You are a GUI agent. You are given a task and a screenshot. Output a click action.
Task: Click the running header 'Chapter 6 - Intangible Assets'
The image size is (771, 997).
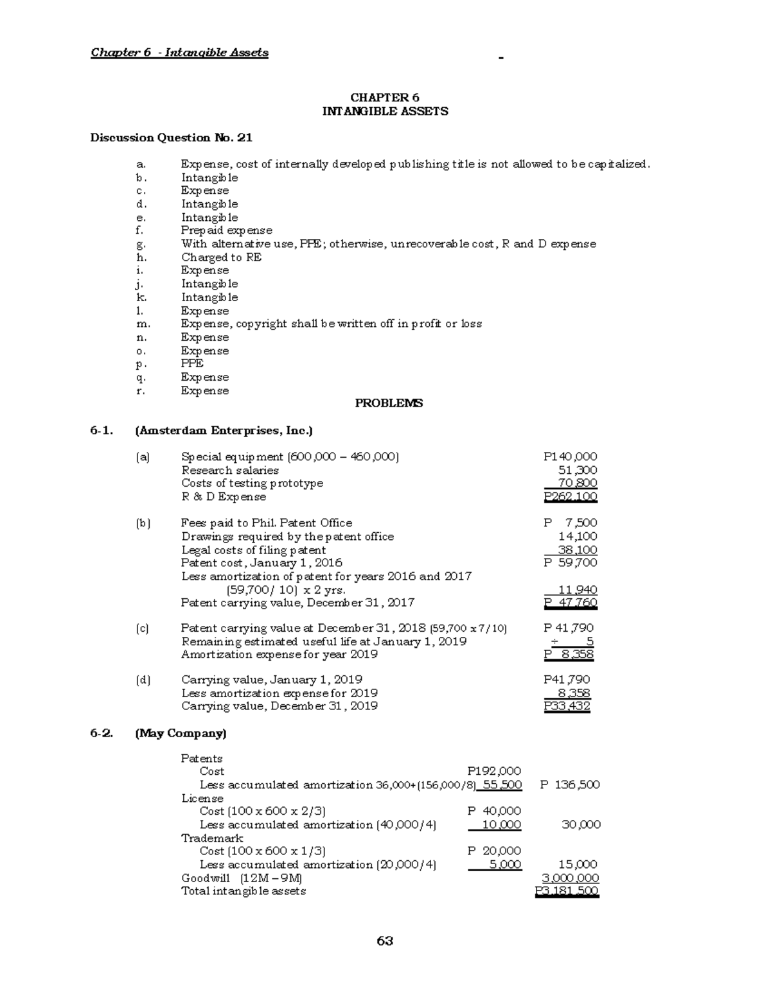tap(179, 53)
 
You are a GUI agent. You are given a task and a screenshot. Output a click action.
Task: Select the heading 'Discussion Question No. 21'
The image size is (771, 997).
tap(171, 137)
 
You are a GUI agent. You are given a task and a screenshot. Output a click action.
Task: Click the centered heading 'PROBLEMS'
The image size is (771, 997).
tap(389, 403)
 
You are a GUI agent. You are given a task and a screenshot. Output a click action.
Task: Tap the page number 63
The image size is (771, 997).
tap(385, 941)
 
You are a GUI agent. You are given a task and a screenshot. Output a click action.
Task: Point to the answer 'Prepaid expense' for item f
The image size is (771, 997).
tap(226, 230)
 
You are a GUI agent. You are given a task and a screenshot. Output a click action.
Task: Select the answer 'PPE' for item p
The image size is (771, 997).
tap(192, 363)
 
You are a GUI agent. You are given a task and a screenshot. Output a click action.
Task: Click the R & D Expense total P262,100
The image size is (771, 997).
tap(570, 497)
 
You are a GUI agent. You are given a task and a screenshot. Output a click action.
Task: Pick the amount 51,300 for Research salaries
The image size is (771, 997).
tap(578, 470)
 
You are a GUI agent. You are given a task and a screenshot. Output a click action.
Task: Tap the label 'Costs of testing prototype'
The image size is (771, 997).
tap(252, 483)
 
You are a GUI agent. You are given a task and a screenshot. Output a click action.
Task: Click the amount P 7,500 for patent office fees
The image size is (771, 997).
tap(570, 523)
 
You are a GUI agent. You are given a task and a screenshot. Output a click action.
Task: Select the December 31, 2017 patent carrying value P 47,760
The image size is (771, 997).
tap(570, 603)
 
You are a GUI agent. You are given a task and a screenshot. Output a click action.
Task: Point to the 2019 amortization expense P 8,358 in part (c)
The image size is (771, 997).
tap(569, 655)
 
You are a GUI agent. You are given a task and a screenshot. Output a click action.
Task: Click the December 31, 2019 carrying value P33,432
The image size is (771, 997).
tap(567, 706)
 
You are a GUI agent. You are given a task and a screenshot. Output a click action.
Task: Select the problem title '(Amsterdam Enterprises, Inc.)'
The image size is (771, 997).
tap(224, 430)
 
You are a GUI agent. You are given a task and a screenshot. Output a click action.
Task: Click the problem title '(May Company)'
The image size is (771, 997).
tap(181, 733)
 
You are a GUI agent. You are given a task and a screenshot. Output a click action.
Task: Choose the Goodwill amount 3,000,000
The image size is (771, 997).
tap(571, 878)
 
